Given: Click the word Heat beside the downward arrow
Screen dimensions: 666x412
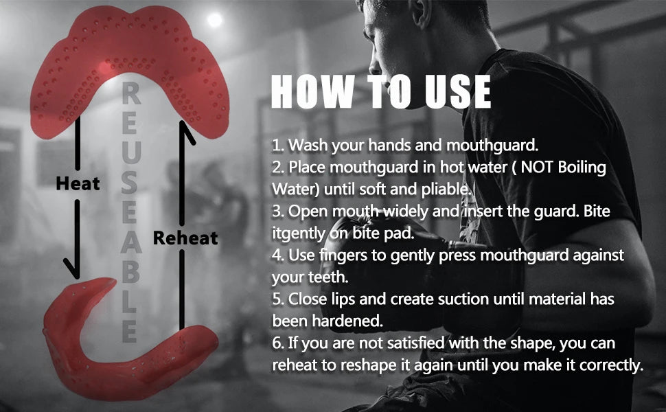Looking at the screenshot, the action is point(78,183).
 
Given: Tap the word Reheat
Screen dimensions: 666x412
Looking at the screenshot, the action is point(185,238).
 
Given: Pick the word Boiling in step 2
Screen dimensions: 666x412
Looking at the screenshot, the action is point(582,168).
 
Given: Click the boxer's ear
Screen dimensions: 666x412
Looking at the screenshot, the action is point(420,15).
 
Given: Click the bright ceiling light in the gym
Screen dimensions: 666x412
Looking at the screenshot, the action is point(214,19).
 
